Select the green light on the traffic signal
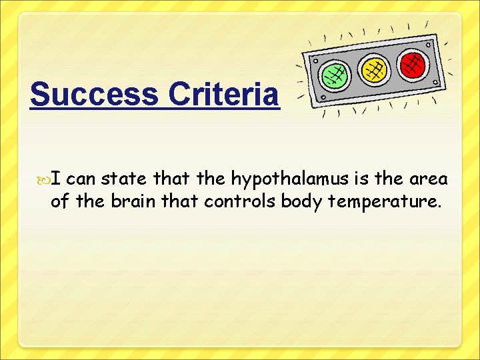click(335, 75)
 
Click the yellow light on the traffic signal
click(374, 69)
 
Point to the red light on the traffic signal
click(413, 63)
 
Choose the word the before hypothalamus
click(211, 179)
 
